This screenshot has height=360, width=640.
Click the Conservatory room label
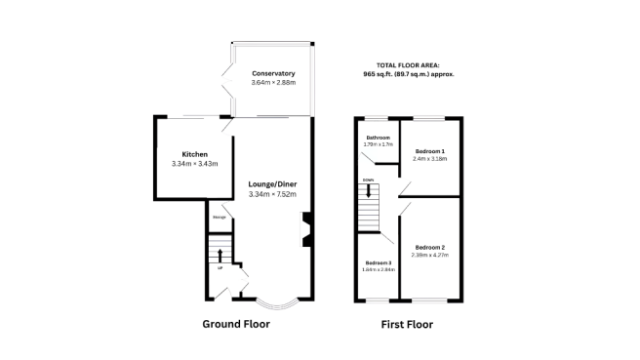(272, 74)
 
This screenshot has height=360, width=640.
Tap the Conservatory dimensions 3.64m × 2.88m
(272, 84)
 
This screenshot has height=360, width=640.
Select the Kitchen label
(194, 154)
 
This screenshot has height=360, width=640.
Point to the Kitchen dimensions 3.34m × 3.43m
(194, 164)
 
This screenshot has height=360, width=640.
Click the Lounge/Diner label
(272, 184)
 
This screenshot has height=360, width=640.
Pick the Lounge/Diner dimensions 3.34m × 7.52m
(272, 195)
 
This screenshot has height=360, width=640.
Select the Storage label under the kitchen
(220, 217)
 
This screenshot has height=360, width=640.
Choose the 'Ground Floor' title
(236, 324)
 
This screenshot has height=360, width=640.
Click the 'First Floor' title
(406, 324)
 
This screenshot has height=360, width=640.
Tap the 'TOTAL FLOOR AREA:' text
(409, 65)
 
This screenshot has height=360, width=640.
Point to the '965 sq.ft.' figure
(380, 74)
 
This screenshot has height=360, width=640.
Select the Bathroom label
(378, 139)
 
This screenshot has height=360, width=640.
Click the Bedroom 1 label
(429, 151)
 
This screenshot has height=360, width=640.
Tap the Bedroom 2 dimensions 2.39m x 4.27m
(429, 255)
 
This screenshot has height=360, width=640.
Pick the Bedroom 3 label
(378, 263)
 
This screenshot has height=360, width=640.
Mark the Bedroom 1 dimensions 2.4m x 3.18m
(429, 159)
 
